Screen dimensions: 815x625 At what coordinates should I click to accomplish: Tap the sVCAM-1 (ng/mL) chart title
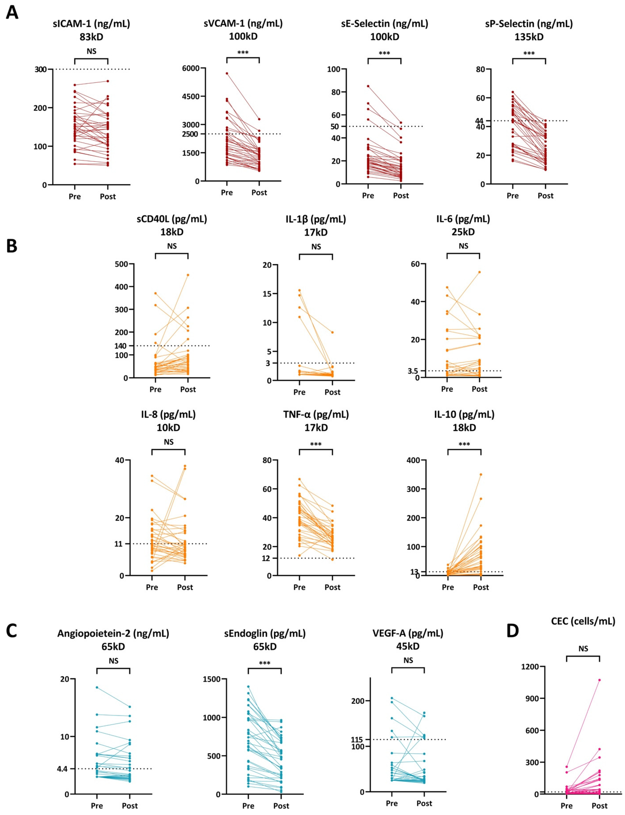pyautogui.click(x=243, y=23)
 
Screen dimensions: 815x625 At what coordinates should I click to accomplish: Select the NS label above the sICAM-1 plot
pyautogui.click(x=92, y=51)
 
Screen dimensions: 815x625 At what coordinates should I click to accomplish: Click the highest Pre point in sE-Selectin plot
pyautogui.click(x=368, y=86)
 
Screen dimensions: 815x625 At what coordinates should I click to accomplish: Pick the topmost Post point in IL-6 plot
pyautogui.click(x=480, y=272)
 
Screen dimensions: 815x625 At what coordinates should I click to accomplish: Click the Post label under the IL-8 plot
pyautogui.click(x=185, y=587)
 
